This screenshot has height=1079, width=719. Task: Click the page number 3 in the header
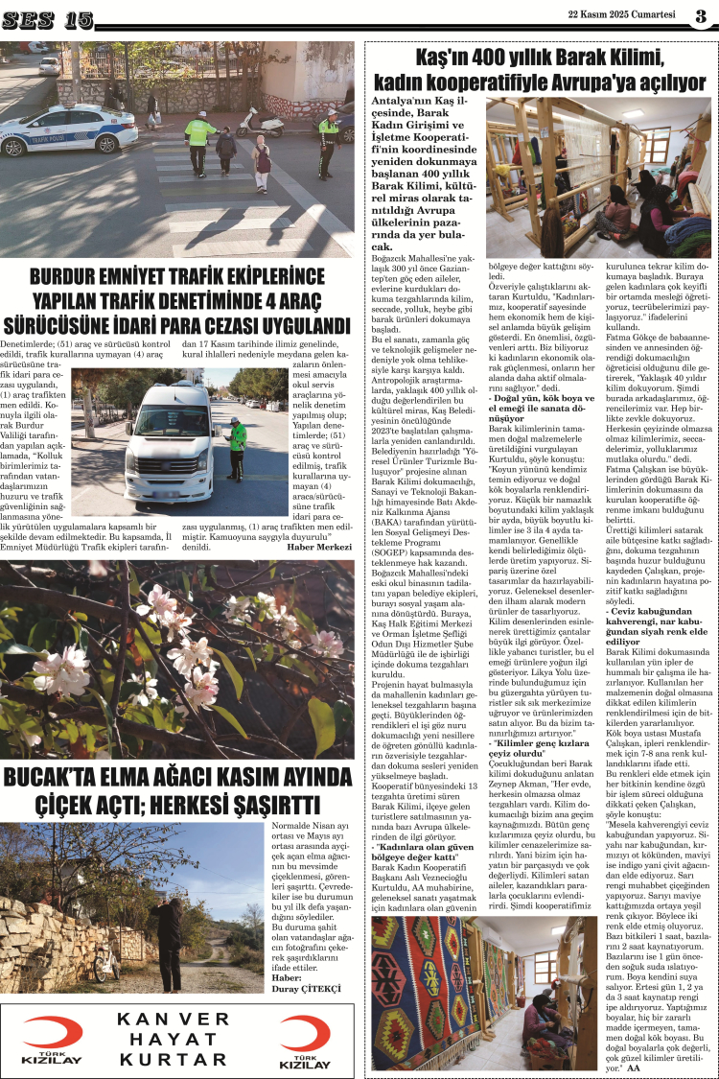coord(701,15)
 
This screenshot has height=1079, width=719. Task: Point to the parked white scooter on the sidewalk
coord(260,123)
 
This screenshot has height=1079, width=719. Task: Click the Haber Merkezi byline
coord(320,547)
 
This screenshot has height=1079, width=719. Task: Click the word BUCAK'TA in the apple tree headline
coord(58,804)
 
